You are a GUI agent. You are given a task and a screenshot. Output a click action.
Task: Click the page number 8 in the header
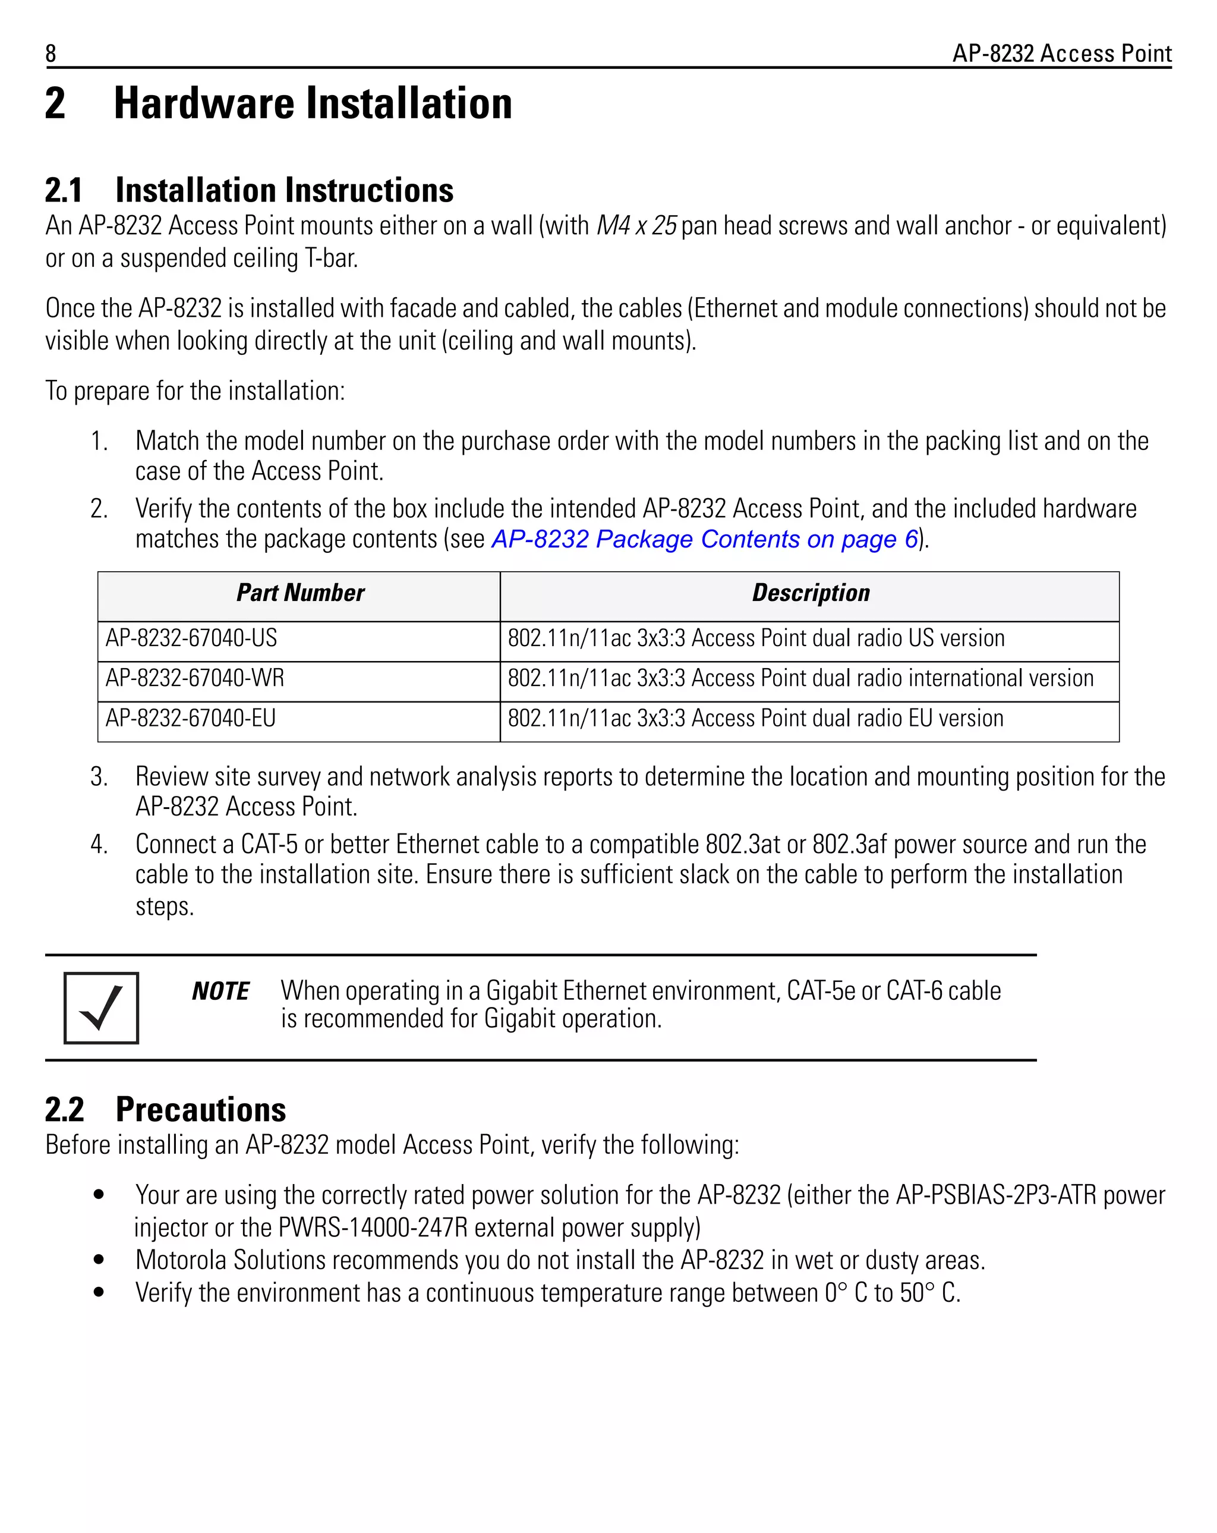[x=51, y=53]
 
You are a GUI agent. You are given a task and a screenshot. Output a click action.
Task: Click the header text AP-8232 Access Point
[x=1061, y=53]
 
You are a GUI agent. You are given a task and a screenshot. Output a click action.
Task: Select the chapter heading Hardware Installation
[x=313, y=104]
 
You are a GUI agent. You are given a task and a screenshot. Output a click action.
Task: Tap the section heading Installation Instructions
[x=285, y=191]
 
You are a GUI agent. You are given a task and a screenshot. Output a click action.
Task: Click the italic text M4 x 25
[x=636, y=226]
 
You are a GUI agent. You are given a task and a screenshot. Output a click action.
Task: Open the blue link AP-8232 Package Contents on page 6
[x=704, y=539]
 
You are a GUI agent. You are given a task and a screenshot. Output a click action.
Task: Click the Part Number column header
[x=300, y=593]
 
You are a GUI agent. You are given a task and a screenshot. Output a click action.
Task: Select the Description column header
[x=811, y=593]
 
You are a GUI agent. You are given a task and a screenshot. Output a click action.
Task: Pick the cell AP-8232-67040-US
[x=191, y=638]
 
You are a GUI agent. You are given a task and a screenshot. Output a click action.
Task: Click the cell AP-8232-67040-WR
[x=195, y=678]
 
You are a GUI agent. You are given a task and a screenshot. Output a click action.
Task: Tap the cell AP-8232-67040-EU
[x=191, y=718]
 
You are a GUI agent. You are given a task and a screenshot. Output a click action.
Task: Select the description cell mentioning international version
[x=800, y=678]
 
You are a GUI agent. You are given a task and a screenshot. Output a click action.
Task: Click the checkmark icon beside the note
[x=101, y=1008]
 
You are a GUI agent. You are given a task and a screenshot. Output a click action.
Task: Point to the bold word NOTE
[x=220, y=991]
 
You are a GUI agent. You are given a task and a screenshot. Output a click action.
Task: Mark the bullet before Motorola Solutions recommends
[x=99, y=1260]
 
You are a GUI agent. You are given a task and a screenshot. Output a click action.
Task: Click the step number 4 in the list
[x=98, y=845]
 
